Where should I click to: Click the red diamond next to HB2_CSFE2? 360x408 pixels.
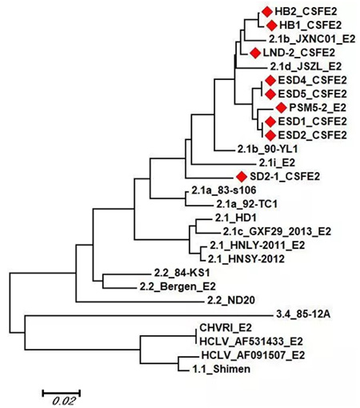click(x=266, y=11)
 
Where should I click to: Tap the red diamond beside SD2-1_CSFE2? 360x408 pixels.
click(x=242, y=177)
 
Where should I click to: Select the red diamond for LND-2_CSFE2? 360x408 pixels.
click(x=255, y=53)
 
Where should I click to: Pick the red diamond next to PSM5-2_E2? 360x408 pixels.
click(x=281, y=108)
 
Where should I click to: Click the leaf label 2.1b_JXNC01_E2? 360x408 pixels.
click(x=312, y=39)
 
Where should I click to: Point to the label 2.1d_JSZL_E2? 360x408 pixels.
click(x=306, y=66)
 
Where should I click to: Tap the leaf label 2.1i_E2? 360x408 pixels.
click(x=277, y=162)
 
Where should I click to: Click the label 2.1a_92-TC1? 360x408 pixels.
click(x=246, y=204)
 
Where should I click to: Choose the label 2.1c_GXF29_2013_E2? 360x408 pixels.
click(x=277, y=231)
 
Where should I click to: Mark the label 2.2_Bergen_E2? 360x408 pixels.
click(x=178, y=286)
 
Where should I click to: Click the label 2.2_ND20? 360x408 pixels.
click(x=231, y=300)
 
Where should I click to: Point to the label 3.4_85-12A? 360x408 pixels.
click(x=302, y=314)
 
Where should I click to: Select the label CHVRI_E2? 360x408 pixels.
click(x=226, y=328)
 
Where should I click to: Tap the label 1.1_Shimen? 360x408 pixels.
click(x=222, y=369)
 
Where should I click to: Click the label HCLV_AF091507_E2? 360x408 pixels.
click(x=253, y=355)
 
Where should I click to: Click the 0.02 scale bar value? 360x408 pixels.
click(x=64, y=401)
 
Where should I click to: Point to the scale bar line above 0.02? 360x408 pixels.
click(x=62, y=393)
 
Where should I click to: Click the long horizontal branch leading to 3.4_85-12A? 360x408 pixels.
click(x=149, y=316)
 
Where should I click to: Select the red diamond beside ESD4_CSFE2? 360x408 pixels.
click(x=270, y=80)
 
